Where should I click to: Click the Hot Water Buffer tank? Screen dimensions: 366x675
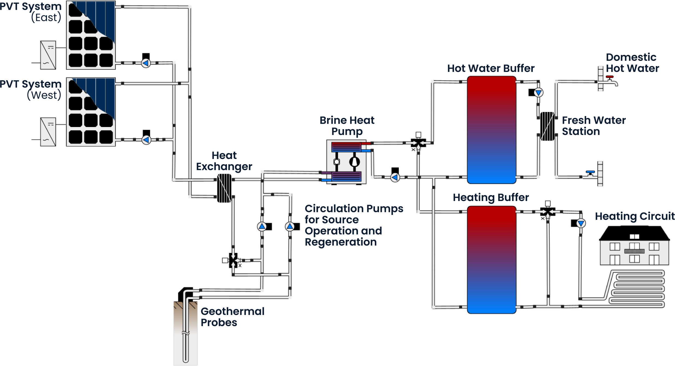491,130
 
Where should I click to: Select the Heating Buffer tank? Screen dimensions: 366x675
491,259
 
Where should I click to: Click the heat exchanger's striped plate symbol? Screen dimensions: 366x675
224,188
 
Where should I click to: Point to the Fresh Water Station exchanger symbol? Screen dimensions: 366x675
547,126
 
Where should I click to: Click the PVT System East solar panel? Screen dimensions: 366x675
91,35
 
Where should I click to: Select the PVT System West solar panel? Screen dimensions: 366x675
91,112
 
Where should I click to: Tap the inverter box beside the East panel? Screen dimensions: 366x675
48,55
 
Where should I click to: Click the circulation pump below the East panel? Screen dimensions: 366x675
146,63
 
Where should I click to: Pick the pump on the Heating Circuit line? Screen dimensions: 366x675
581,223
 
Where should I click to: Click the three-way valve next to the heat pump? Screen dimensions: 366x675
418,143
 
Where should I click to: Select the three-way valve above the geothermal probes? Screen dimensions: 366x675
233,260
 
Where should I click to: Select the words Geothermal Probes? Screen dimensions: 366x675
232,317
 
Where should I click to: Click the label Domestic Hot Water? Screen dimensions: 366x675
632,63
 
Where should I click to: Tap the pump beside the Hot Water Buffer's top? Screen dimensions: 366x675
538,93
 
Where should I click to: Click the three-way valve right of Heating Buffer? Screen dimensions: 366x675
548,212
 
